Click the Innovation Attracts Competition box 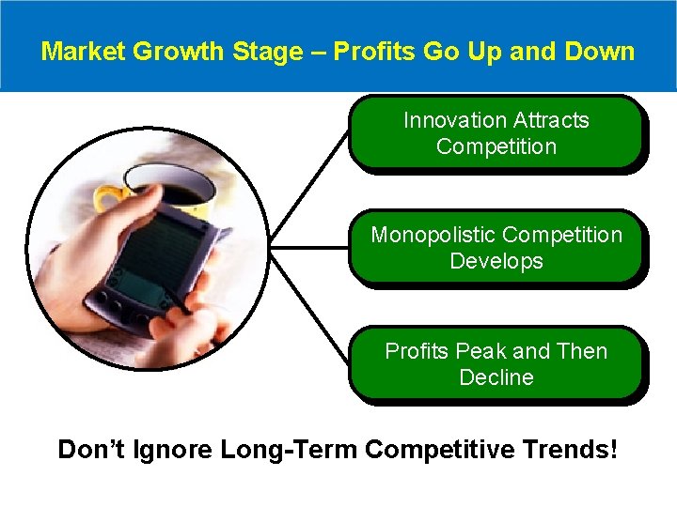tap(496, 132)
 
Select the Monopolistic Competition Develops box tap(496, 247)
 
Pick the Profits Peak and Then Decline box tap(496, 363)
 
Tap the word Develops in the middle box tap(496, 261)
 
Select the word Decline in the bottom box tap(496, 377)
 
